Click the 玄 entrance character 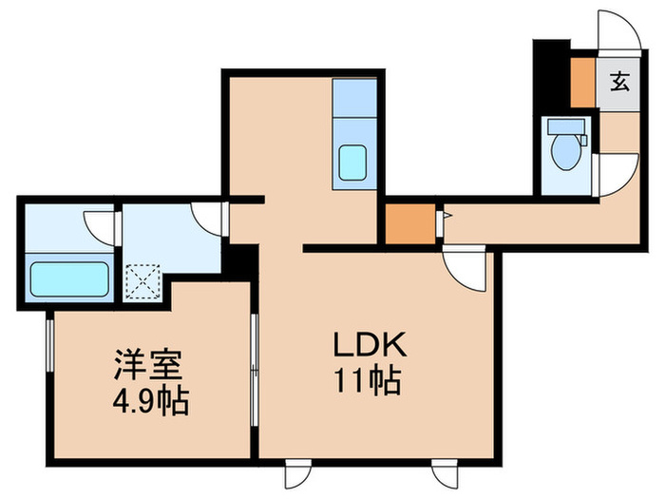619,82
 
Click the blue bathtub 68,279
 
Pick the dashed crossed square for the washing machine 142,278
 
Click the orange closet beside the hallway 403,226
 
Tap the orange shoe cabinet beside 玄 580,83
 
